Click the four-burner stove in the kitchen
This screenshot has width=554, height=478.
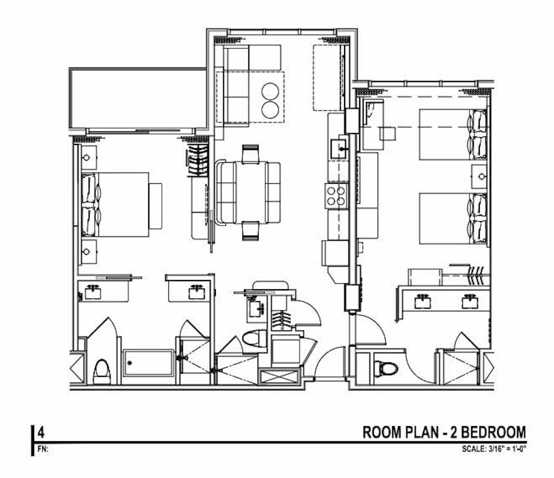336,196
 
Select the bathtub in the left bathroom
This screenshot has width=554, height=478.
148,363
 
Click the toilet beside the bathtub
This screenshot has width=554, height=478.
102,371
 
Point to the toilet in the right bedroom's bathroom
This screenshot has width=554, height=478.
386,368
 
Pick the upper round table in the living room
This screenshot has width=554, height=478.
271,91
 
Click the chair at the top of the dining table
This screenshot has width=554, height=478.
250,154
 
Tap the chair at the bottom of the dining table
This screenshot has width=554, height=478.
250,230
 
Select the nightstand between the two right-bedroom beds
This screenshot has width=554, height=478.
479,176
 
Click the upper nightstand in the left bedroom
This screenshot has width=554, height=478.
89,157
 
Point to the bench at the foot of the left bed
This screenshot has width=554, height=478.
155,206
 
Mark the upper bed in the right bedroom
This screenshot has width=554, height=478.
453,135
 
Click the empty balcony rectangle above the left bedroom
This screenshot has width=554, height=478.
138,98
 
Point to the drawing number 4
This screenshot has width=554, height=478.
41,432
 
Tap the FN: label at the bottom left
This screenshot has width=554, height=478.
42,449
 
